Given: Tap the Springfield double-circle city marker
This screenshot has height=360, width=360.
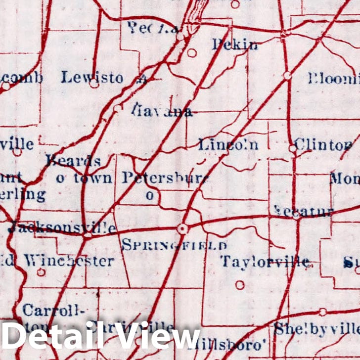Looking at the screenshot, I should [x=183, y=228].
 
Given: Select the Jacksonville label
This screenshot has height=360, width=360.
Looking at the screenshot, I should [x=63, y=228].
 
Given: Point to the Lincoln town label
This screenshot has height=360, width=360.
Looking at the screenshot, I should [x=228, y=145].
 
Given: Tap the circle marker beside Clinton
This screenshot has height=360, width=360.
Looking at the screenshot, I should [x=293, y=148].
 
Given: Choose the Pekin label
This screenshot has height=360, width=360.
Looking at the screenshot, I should [x=235, y=45].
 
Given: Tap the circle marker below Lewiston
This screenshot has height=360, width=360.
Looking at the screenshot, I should [x=94, y=85].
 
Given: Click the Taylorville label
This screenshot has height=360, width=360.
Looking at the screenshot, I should [x=265, y=262].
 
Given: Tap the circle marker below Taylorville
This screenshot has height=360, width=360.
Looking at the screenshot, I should [x=240, y=285].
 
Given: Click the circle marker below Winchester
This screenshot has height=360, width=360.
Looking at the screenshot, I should [x=41, y=272].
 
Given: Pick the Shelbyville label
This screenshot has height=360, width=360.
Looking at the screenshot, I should [x=316, y=329].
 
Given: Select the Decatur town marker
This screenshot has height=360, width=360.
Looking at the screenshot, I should [x=296, y=214].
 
